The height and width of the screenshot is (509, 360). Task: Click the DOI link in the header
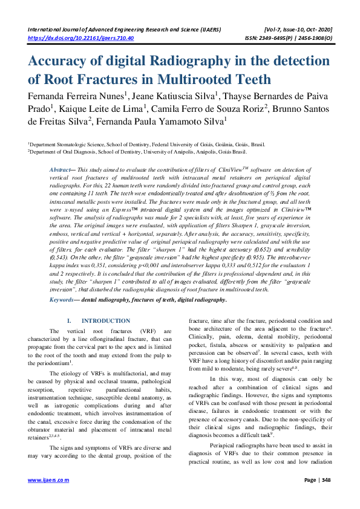[81, 38]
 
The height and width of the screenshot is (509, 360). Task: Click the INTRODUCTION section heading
[105, 320]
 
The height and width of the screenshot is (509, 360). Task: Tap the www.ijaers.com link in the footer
[49, 496]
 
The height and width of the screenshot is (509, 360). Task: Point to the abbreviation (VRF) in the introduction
[149, 331]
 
